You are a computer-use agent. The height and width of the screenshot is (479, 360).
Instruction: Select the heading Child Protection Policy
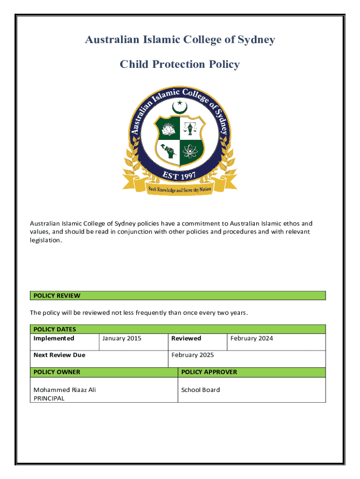click(180, 64)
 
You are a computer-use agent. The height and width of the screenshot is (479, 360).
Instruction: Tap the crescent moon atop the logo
click(180, 107)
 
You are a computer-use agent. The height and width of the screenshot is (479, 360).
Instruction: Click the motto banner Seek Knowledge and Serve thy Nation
click(180, 189)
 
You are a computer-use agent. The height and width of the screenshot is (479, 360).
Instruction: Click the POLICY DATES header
click(55, 329)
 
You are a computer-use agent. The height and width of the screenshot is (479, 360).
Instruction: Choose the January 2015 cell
click(122, 338)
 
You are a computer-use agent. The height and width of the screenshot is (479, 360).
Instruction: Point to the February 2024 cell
click(252, 338)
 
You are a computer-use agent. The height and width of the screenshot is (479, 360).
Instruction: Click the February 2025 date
click(193, 355)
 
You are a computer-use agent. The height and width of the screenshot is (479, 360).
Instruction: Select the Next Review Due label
click(59, 355)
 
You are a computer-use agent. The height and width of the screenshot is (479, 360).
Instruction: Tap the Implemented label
click(54, 338)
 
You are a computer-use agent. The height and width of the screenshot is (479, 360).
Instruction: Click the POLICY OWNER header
click(57, 372)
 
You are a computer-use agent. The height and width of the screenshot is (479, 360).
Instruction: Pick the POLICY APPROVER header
click(209, 372)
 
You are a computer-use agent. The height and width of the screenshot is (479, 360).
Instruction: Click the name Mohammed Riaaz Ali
click(65, 390)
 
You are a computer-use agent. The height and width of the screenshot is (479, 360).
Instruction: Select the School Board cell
click(201, 390)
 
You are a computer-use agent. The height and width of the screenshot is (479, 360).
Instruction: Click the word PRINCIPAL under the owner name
click(49, 399)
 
